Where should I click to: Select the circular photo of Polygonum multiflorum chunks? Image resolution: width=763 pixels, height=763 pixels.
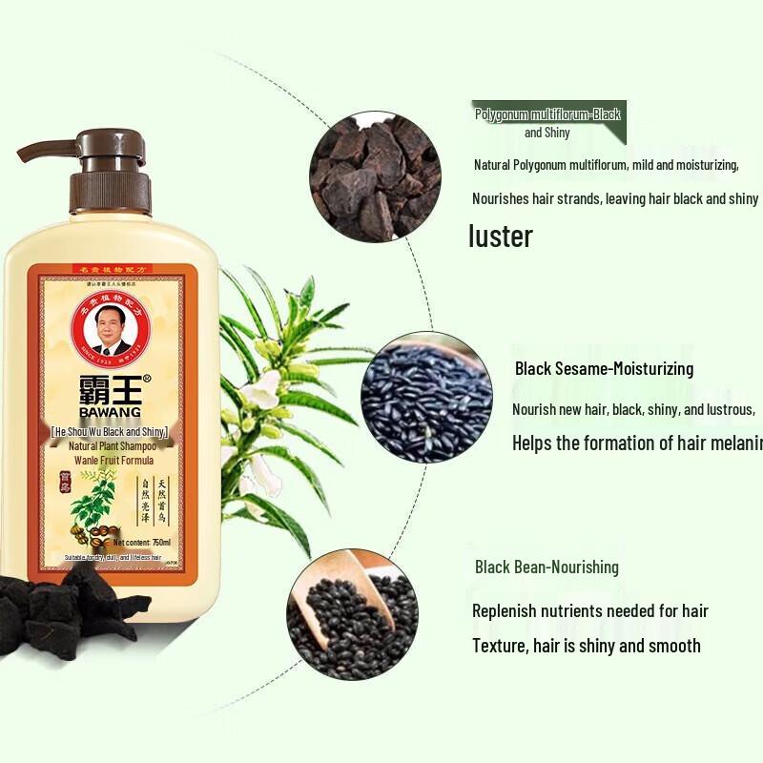[376, 175]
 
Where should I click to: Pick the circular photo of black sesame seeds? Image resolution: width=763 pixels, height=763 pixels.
[426, 396]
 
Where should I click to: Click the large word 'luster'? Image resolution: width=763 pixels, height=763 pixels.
[501, 236]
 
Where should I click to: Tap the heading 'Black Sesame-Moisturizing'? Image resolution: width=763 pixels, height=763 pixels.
[604, 368]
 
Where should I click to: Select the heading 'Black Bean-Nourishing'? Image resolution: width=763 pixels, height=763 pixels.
[546, 567]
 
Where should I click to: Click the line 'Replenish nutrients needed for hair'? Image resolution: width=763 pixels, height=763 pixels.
[590, 610]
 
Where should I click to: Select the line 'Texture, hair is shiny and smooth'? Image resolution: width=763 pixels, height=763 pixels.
[587, 646]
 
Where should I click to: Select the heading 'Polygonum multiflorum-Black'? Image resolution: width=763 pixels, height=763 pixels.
[547, 114]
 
